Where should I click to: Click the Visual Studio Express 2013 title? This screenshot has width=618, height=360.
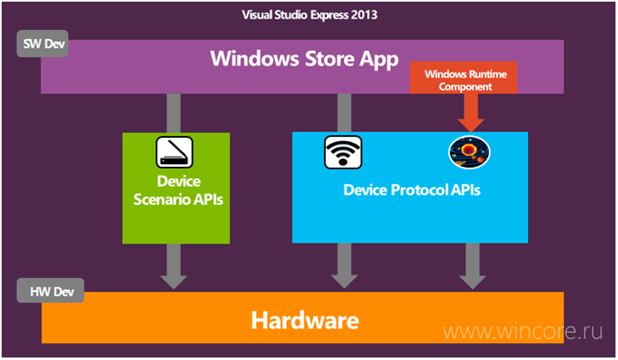(309, 15)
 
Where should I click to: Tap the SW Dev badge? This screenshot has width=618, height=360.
(42, 44)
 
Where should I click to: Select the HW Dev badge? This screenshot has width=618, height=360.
(50, 290)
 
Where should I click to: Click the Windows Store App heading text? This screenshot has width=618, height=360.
(305, 59)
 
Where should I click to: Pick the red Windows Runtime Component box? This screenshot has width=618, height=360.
(463, 78)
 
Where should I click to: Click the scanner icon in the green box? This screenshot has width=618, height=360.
(174, 152)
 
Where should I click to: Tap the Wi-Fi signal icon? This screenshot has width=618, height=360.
(343, 152)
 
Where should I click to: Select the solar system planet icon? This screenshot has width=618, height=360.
(469, 152)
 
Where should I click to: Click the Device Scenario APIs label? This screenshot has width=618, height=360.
(178, 191)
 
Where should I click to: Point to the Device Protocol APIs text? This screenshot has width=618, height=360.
(412, 190)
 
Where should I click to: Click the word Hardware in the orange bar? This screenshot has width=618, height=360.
(305, 320)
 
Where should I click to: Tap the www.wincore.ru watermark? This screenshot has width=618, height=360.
(523, 331)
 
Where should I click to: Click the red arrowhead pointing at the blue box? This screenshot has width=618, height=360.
(471, 125)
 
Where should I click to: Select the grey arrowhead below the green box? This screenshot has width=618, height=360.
(173, 282)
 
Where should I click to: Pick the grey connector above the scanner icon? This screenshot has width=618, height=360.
(173, 113)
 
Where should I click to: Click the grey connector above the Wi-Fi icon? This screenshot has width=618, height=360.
(344, 113)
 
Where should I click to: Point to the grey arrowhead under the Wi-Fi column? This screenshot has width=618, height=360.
(344, 281)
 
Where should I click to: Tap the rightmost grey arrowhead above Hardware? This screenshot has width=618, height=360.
(472, 282)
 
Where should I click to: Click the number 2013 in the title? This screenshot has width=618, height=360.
(364, 15)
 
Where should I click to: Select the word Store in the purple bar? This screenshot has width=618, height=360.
(330, 59)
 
